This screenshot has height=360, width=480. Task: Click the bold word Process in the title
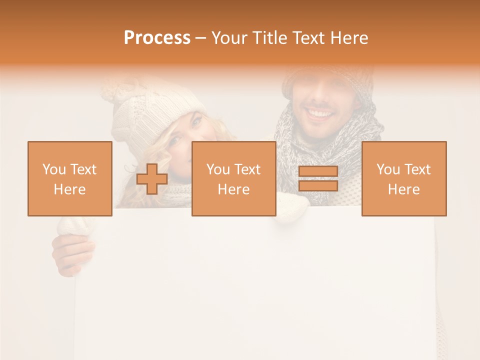click(x=157, y=38)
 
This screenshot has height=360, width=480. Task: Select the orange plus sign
click(x=152, y=179)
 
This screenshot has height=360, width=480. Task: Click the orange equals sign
click(x=318, y=178)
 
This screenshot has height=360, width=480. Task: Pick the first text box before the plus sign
click(x=69, y=178)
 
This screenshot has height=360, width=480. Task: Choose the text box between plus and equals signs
click(x=233, y=178)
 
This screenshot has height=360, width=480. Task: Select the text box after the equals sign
click(x=403, y=178)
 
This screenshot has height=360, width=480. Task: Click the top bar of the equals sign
click(x=318, y=171)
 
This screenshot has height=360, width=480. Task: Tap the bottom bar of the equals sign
click(x=318, y=185)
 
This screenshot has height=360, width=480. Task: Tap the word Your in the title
click(x=229, y=38)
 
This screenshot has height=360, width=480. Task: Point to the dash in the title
click(x=200, y=38)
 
